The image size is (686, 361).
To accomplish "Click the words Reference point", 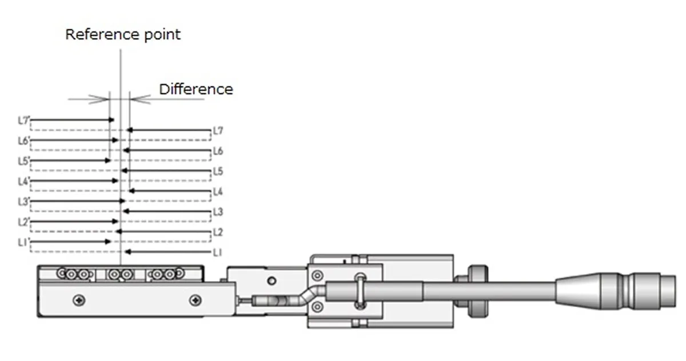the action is click(x=123, y=35).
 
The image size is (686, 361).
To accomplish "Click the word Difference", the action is click(x=196, y=89).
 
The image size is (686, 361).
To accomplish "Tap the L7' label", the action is click(x=24, y=121).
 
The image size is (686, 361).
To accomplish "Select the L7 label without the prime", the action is click(x=218, y=131).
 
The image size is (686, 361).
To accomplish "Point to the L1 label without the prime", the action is click(x=217, y=252).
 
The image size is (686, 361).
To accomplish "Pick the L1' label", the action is click(x=23, y=243).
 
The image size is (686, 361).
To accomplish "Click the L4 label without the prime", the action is click(x=218, y=192).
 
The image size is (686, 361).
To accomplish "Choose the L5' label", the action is click(x=24, y=161).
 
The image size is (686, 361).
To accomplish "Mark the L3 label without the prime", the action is click(x=218, y=212).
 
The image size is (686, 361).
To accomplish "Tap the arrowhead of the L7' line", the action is click(x=112, y=120).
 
